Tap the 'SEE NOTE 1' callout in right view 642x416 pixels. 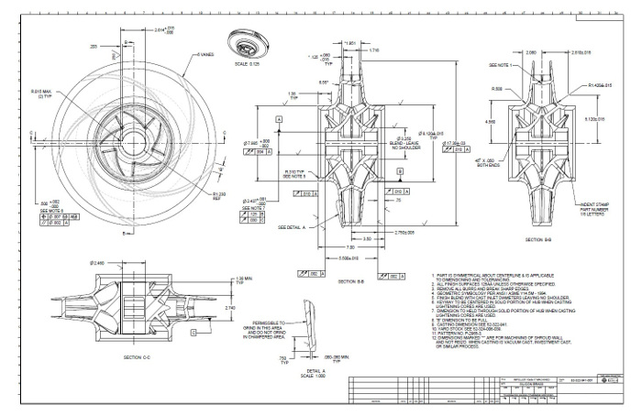click(x=503, y=66)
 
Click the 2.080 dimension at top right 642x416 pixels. click(x=532, y=53)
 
